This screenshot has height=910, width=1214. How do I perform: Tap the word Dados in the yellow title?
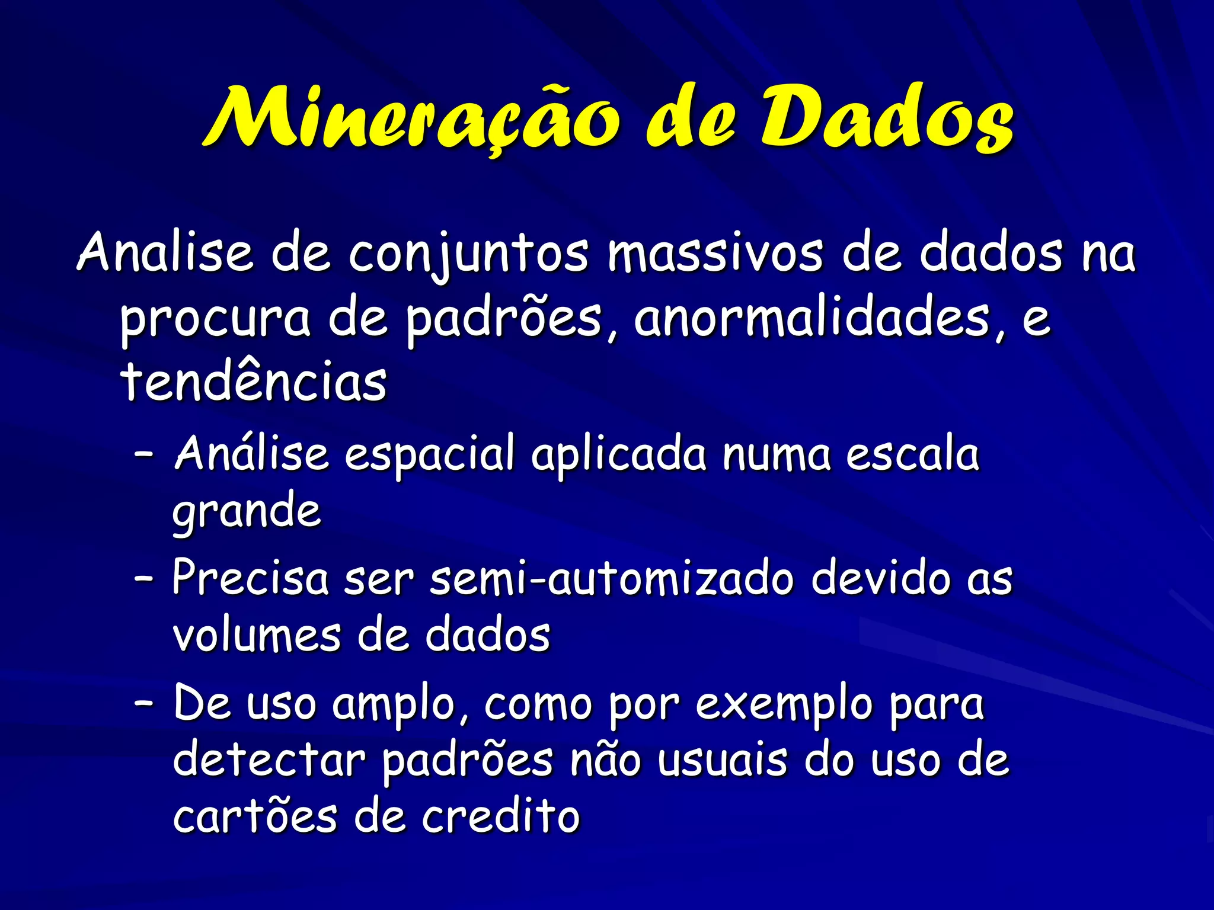[886, 118]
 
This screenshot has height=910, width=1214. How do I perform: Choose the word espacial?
[430, 455]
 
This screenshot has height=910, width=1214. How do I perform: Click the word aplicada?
[619, 455]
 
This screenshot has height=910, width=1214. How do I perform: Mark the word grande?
[247, 511]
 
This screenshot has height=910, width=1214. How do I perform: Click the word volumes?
[256, 635]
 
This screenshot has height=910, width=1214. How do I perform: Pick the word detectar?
[270, 761]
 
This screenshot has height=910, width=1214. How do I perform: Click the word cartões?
[255, 816]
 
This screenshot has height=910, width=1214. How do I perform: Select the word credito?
[501, 816]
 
